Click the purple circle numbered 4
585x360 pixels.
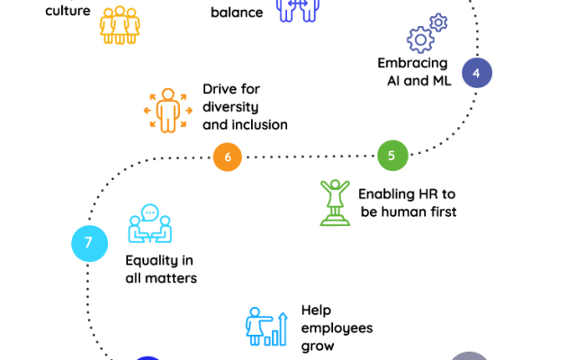(476, 72)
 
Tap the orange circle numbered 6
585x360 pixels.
(228, 157)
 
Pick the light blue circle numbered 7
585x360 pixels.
(88, 242)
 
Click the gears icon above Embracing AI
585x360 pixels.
(426, 33)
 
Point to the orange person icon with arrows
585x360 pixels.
(167, 110)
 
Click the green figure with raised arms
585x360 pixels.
(335, 202)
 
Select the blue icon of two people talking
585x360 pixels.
(149, 225)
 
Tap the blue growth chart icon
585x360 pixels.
(266, 327)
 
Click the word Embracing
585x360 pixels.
(413, 64)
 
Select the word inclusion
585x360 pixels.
(258, 125)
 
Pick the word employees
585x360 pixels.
(337, 328)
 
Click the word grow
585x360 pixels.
(318, 346)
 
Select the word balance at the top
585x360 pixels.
(237, 13)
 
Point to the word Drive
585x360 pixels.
(220, 89)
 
